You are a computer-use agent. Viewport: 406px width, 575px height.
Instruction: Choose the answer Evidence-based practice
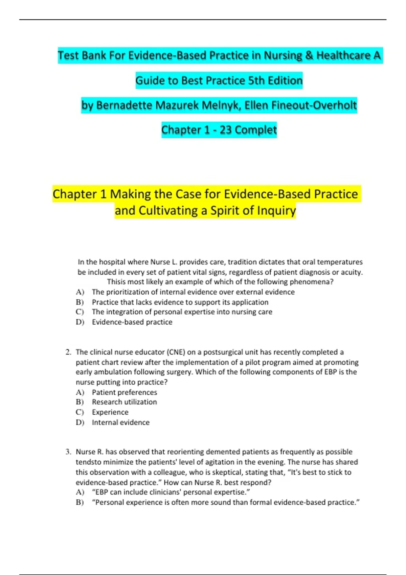[132, 322]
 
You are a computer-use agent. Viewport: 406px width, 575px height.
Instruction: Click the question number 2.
[68, 352]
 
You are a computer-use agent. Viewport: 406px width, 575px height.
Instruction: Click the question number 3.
[68, 452]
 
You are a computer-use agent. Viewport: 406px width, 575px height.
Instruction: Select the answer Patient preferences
[124, 392]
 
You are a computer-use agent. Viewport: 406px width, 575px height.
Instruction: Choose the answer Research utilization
[124, 402]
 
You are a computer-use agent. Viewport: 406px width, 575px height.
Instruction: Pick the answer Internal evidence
[120, 422]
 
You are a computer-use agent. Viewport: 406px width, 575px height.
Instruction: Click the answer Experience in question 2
[110, 412]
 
